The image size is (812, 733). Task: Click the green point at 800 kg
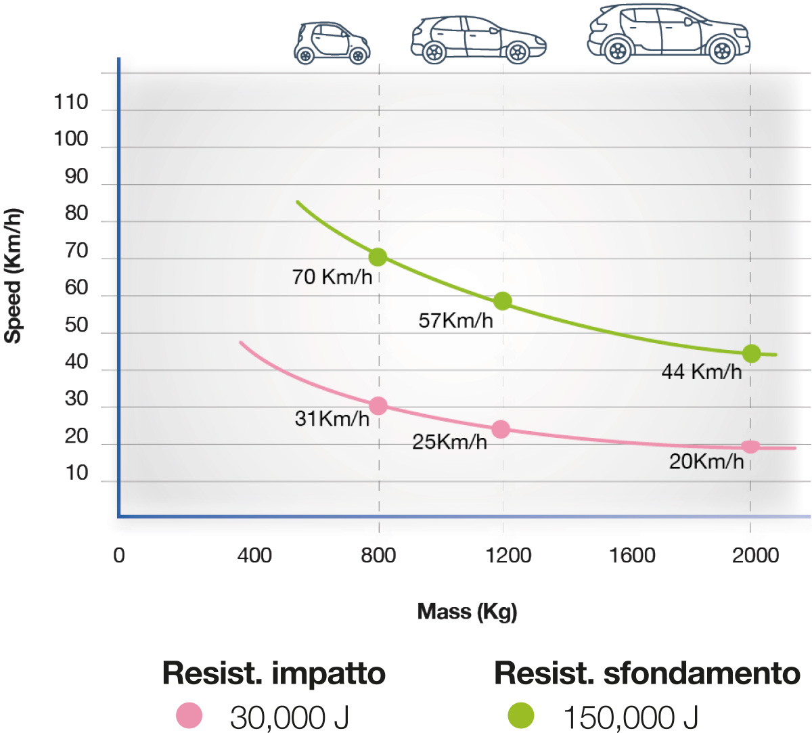pos(378,257)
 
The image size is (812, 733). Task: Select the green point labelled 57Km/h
pos(502,301)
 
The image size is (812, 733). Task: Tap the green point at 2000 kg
pos(751,353)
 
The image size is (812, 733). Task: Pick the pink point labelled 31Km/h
pos(378,406)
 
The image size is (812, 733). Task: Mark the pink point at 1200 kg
pos(501,429)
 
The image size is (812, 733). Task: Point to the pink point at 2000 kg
pos(750,447)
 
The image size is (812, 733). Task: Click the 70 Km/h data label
pos(332,277)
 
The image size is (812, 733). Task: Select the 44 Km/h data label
pos(701,372)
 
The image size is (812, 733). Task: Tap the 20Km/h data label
pos(706,462)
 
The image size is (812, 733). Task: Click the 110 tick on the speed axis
pos(71,103)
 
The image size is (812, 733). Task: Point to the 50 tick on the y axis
pos(76,325)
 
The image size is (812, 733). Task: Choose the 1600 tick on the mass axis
pos(632,556)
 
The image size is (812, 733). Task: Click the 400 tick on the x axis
pos(254,556)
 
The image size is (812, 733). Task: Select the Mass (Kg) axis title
pos(467,612)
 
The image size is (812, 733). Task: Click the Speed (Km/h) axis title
pos(14,276)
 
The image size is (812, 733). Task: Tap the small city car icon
pos(332,43)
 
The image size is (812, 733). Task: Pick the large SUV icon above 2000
pos(669,34)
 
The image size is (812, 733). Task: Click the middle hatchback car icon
pos(478,40)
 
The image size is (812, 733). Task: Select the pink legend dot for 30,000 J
pos(189,715)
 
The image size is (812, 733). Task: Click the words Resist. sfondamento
pos(647,673)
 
